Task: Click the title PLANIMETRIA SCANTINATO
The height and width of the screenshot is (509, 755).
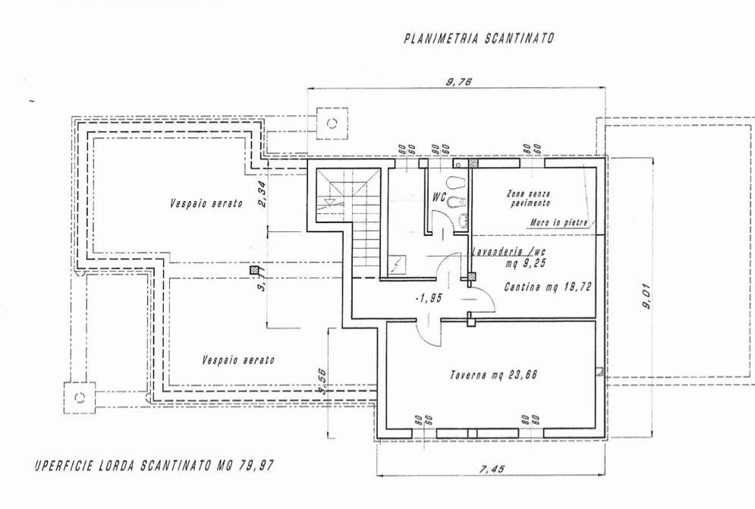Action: pos(479,39)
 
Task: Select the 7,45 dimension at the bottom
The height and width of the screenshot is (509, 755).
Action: pos(492,469)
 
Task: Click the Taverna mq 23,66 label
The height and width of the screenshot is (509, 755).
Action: pos(499,374)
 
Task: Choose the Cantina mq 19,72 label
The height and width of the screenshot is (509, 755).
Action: pos(547,287)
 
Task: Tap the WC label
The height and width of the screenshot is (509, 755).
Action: pos(438,196)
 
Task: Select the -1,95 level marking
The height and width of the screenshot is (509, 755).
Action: pos(429,298)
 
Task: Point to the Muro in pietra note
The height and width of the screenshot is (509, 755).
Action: pos(558,223)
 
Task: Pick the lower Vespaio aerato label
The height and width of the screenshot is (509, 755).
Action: pos(238,360)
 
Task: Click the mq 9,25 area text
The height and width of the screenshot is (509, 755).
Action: pos(524,263)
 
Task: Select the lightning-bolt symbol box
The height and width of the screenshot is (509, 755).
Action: pos(398,266)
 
